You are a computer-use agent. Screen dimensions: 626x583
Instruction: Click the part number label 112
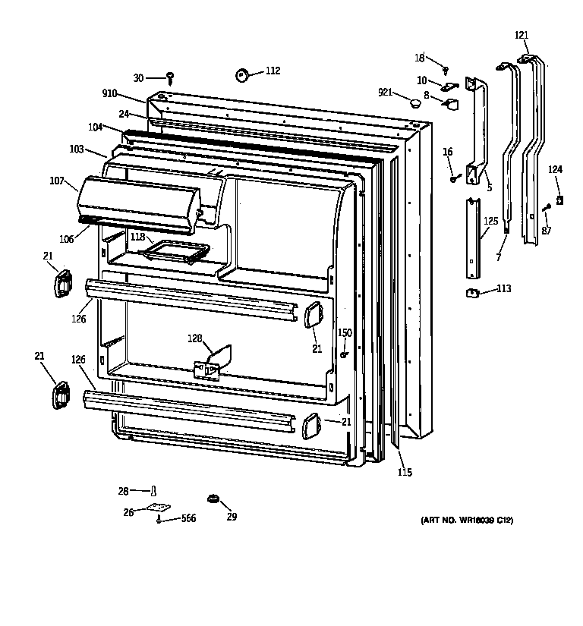(273, 71)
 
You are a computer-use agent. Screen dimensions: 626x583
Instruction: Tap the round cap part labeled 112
(243, 74)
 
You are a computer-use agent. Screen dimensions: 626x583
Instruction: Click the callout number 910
(109, 94)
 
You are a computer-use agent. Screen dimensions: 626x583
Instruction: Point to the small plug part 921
(414, 101)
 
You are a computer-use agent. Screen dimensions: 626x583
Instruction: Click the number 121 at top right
(522, 35)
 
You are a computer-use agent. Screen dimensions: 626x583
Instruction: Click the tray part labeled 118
(178, 250)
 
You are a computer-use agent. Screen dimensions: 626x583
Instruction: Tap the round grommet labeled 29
(213, 499)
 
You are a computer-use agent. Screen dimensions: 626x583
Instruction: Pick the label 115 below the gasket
(405, 473)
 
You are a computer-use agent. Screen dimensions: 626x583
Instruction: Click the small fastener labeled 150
(344, 353)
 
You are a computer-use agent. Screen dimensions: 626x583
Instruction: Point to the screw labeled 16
(454, 178)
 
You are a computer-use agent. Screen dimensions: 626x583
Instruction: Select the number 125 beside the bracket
(491, 221)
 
